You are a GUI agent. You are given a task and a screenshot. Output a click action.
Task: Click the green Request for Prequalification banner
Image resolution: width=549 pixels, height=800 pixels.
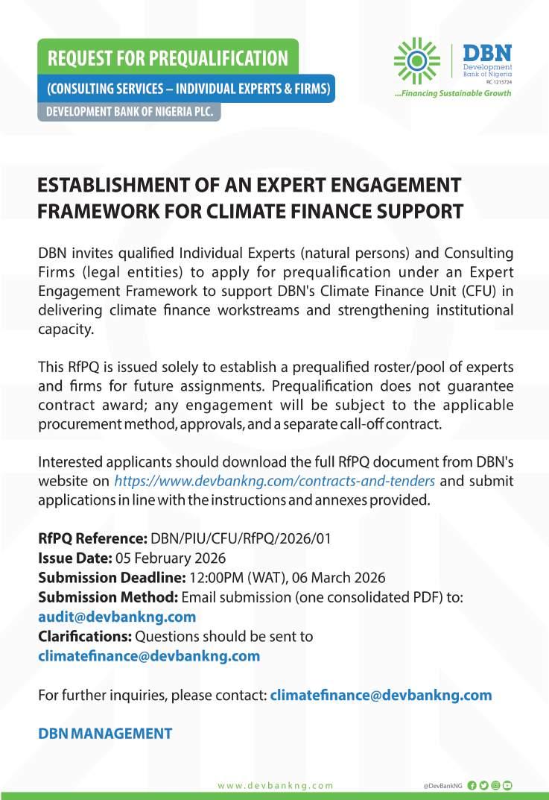pos(168,57)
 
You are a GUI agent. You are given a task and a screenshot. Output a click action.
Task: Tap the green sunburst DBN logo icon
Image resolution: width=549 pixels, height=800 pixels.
pos(416,61)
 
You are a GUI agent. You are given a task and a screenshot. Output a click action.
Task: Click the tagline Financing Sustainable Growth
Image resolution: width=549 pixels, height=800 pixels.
pos(453,94)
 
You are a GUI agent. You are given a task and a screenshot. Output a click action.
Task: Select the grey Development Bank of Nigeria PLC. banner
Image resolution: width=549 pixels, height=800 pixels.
pos(130,111)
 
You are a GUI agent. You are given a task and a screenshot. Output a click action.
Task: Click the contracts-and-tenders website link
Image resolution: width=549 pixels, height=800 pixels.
pos(274,481)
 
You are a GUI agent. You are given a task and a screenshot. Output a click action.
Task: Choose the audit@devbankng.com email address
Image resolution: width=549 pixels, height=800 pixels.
pos(117,617)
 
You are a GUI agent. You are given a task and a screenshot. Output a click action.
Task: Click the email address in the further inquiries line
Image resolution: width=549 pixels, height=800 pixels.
pos(381,695)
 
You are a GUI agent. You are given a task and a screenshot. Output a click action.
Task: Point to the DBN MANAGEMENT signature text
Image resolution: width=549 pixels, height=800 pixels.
pos(105,734)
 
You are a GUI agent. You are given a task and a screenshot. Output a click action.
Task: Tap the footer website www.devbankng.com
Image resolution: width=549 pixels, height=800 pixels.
pos(276,786)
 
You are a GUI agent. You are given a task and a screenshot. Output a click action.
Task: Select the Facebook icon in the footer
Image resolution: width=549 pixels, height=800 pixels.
pos(472,786)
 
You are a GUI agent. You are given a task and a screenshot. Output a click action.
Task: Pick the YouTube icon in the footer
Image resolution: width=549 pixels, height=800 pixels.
pos(508,786)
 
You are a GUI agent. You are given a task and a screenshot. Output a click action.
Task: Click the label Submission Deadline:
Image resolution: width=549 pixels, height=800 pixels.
pos(111,578)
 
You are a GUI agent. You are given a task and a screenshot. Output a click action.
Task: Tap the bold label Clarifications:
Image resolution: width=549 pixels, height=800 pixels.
pos(85,637)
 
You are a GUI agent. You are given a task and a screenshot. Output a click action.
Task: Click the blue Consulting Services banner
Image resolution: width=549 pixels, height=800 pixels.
pos(188,89)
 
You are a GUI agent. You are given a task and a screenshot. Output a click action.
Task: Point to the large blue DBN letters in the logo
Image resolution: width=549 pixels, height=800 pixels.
pos(488,53)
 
